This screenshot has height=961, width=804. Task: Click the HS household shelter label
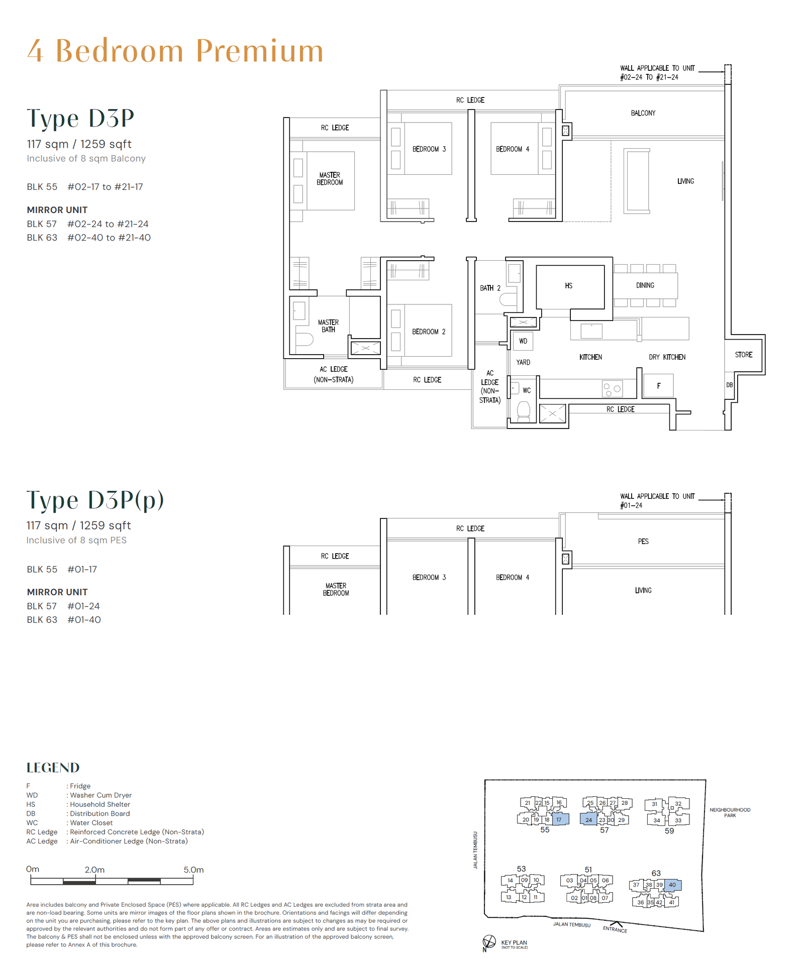pos(568,286)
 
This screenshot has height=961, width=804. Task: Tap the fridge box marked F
pos(658,386)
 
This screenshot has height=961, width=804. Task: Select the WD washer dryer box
pos(523,341)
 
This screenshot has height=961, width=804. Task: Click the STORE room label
pos(744,355)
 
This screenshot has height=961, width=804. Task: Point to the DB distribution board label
pos(729,385)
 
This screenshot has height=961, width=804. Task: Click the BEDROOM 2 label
pos(429,332)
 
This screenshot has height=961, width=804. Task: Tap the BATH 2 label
pos(490,288)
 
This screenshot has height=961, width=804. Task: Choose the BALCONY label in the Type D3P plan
pos(643,113)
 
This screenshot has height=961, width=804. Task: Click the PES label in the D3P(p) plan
pos(643,541)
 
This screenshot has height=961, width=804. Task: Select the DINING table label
pos(645,285)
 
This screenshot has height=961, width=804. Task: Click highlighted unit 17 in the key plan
pos(559,819)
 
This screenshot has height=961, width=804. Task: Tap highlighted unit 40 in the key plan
pos(672,885)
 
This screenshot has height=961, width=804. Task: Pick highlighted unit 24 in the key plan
pos(588,820)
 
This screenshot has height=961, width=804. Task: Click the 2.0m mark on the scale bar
pos(94,870)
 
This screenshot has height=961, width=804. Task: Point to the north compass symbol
pos(489,942)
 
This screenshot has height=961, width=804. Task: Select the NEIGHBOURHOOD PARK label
pos(730,812)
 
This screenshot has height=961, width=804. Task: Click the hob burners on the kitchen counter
pos(612,389)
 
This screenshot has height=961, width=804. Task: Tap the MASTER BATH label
pos(328,326)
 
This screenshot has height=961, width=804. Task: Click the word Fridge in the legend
pos(80,786)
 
